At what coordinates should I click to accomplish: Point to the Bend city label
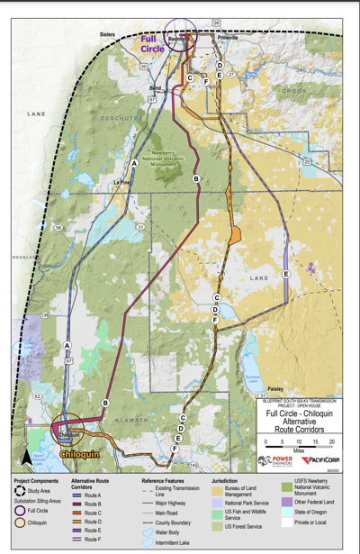point(155,87)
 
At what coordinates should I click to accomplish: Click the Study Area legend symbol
point(20,493)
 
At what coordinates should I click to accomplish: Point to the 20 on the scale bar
point(333,441)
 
